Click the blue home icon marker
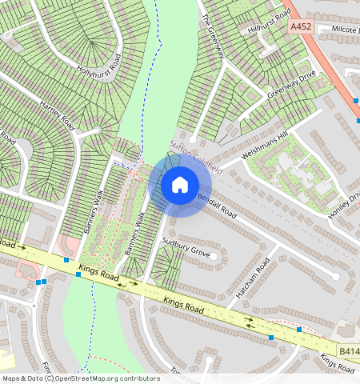(180, 185)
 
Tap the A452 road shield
(300, 26)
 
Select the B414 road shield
(349, 350)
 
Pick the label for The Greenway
(214, 35)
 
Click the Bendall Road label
(218, 206)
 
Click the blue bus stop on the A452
(355, 101)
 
